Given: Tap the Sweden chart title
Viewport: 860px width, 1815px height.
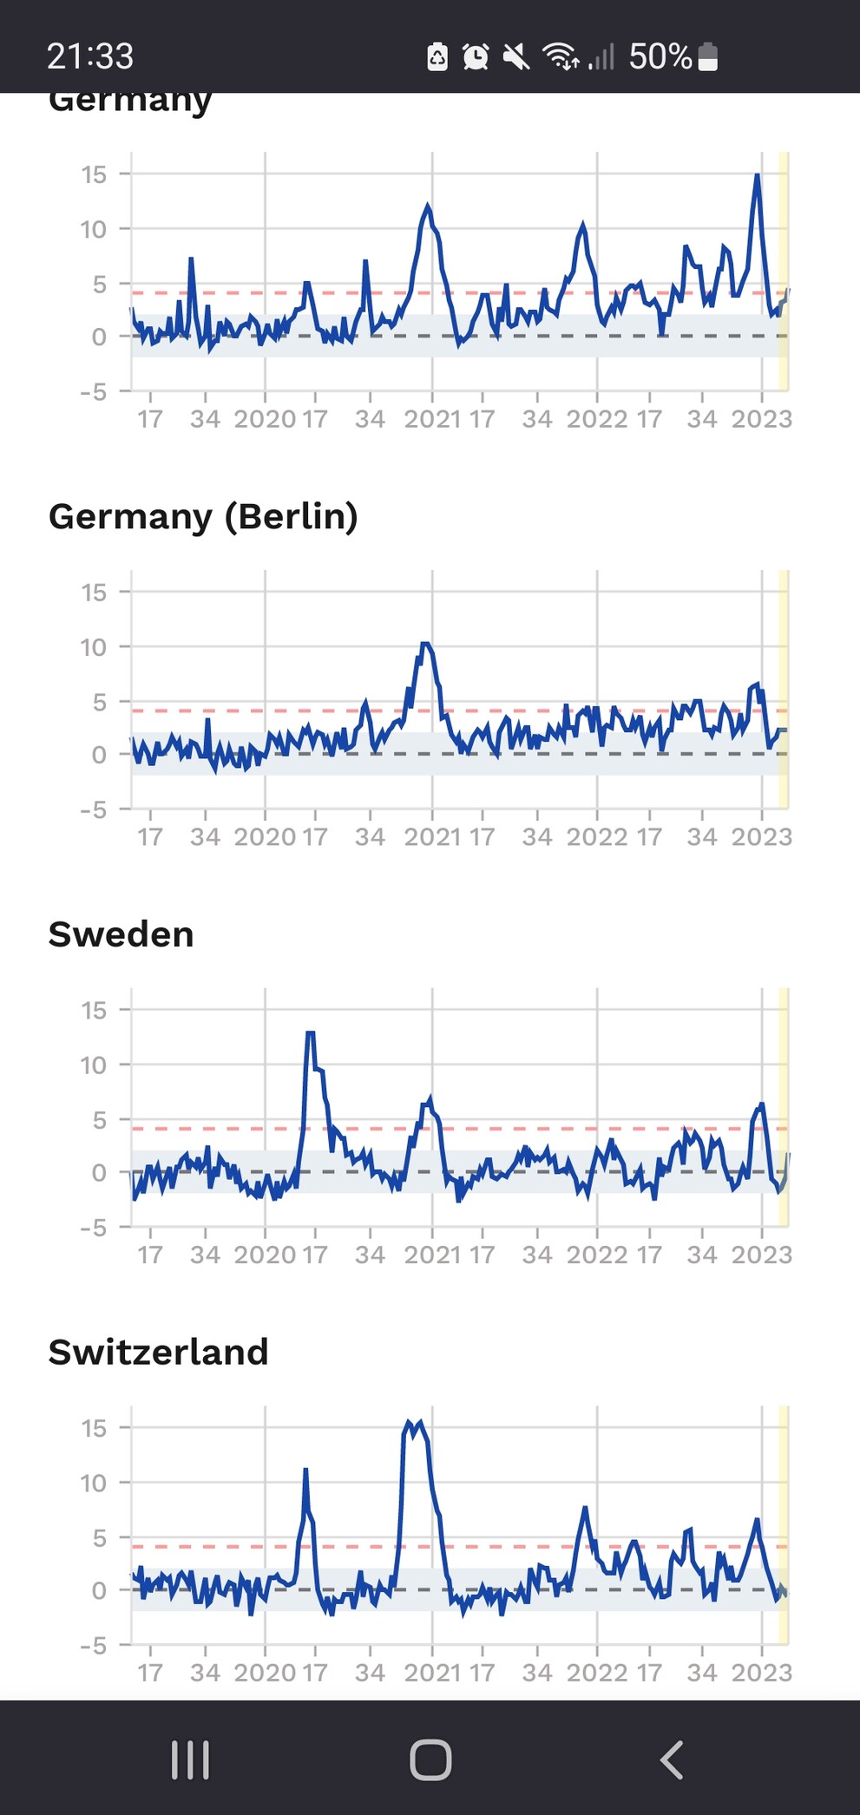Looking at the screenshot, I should click(121, 934).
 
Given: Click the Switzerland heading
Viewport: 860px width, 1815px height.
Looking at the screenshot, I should click(158, 1352).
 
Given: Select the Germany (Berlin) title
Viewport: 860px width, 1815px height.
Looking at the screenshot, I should click(203, 517).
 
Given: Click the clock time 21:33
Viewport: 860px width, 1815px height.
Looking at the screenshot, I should click(90, 56).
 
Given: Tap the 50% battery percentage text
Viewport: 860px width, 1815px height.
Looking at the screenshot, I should click(660, 56).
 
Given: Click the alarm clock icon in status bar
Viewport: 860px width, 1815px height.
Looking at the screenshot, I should click(475, 56).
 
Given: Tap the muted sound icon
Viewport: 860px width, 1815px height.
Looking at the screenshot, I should click(515, 57).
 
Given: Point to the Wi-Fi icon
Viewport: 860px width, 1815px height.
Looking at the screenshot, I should click(561, 56).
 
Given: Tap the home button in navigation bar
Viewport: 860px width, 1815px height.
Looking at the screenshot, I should click(430, 1759).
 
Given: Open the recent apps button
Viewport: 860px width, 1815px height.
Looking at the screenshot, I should click(190, 1759).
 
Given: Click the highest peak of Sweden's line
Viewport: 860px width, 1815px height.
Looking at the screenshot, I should click(310, 1032).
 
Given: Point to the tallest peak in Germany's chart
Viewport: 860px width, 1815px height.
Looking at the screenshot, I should click(758, 175).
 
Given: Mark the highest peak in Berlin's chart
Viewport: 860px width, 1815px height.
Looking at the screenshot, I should click(425, 644).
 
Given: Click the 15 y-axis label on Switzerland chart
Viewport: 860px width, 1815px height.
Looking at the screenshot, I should click(94, 1428).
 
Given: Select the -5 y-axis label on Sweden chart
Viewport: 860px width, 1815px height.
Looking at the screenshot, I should click(93, 1228).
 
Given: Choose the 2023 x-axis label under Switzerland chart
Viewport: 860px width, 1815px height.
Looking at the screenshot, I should click(761, 1673).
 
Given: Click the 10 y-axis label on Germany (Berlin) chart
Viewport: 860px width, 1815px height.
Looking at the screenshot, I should click(94, 647).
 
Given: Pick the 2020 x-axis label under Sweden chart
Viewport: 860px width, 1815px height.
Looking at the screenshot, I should click(265, 1255).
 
